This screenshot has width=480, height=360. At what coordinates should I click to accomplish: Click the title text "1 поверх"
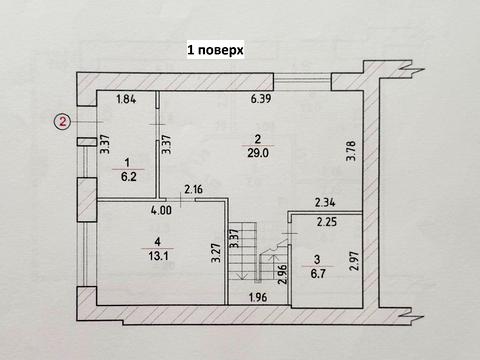(215, 47)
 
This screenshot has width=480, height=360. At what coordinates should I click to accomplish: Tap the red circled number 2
(62, 123)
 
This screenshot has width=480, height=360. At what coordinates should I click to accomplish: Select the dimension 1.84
(126, 99)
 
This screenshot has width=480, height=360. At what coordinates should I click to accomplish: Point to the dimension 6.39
(261, 99)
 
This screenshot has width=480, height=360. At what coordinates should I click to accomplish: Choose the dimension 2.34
(325, 201)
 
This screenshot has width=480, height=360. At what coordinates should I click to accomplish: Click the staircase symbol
(246, 251)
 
